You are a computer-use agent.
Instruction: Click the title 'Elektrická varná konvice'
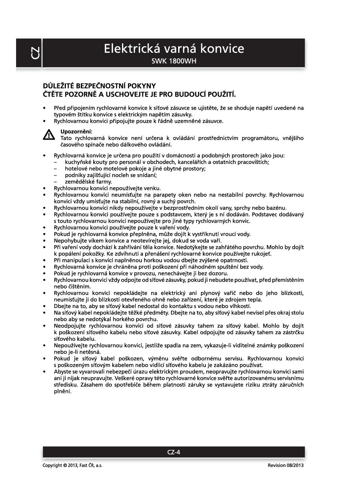(174, 49)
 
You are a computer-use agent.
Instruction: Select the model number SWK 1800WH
(174, 61)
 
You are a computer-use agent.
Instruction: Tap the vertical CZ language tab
(34, 53)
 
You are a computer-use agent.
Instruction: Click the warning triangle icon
(49, 135)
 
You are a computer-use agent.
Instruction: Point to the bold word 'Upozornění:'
(76, 131)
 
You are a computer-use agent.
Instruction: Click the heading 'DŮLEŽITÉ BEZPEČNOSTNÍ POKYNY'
(99, 86)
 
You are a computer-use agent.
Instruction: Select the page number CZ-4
(174, 452)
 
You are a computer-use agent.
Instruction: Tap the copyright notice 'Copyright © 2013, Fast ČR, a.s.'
(72, 465)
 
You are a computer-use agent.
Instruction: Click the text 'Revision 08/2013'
(286, 465)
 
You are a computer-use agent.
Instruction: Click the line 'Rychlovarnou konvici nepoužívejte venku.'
(107, 188)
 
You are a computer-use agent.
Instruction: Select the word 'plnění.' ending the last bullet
(62, 391)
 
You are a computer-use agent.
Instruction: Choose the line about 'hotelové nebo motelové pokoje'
(135, 169)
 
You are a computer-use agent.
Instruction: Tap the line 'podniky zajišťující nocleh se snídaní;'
(111, 175)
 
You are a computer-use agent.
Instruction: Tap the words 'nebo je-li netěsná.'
(77, 352)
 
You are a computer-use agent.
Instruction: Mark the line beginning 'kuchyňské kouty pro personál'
(167, 162)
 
